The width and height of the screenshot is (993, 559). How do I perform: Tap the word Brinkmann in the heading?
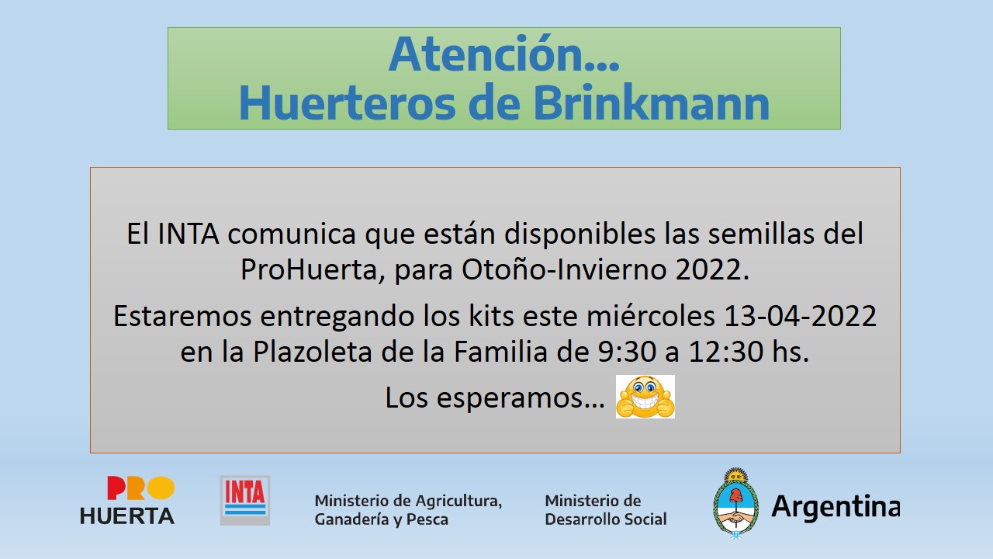pyautogui.click(x=651, y=103)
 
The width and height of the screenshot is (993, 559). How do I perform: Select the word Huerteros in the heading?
pyautogui.click(x=347, y=103)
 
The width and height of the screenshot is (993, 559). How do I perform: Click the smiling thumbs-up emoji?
pyautogui.click(x=645, y=397)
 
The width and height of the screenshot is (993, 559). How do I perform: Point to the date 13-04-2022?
pyautogui.click(x=800, y=316)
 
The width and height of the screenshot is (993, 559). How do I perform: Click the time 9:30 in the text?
pyautogui.click(x=626, y=352)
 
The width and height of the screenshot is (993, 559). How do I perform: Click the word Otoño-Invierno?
pyautogui.click(x=564, y=269)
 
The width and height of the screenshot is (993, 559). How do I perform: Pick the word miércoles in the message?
pyautogui.click(x=651, y=316)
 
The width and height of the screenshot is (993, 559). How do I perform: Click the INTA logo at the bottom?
pyautogui.click(x=245, y=501)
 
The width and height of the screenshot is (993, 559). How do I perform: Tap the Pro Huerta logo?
pyautogui.click(x=127, y=500)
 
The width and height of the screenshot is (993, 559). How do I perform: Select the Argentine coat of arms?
pyautogui.click(x=735, y=502)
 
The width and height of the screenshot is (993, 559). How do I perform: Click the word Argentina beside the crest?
pyautogui.click(x=836, y=506)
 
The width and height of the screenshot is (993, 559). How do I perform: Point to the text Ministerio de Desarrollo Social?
pyautogui.click(x=606, y=510)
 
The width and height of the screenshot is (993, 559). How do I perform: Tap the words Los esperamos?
pyautogui.click(x=495, y=397)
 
